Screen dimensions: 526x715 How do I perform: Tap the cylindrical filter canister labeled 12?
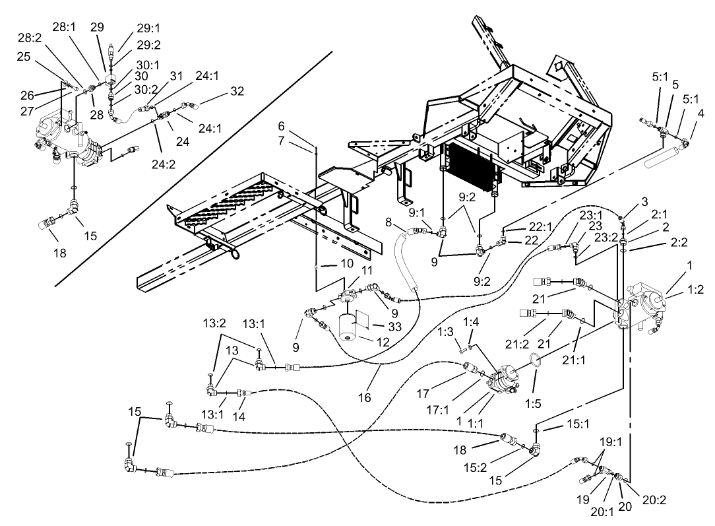(x=351, y=327)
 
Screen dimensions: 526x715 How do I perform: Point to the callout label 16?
(x=365, y=398)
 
